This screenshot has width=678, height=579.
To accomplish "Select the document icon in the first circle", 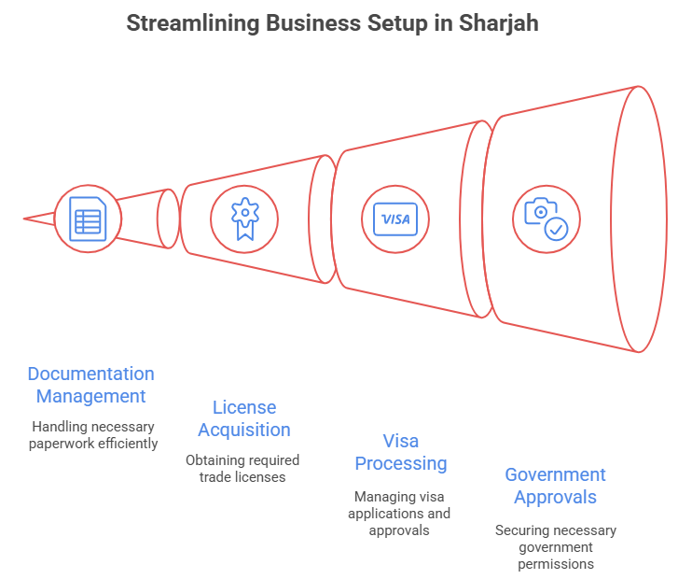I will tap(88, 220).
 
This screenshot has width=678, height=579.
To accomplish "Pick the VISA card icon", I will tap(395, 219).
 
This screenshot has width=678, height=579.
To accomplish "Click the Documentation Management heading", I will tap(90, 385).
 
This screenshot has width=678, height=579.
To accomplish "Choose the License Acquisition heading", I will tap(243, 418).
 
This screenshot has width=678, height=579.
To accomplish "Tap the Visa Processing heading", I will tap(400, 452).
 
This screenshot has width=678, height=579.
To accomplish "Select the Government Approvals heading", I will tap(555, 486).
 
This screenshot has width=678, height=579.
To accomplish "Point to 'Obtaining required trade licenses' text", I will tap(242, 468).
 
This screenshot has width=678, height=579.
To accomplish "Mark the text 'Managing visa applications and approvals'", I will tap(399, 513).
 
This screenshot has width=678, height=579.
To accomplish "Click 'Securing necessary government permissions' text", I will tap(555, 547).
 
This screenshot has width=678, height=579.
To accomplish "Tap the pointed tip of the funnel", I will tap(25, 219).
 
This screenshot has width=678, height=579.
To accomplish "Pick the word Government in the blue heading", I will tap(555, 474).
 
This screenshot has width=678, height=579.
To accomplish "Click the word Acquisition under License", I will tap(243, 430).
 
